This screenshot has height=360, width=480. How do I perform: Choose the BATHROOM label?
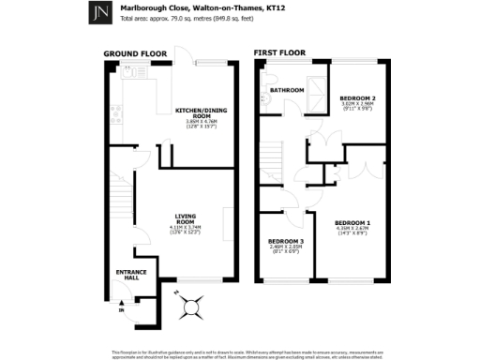pyautogui.click(x=286, y=91)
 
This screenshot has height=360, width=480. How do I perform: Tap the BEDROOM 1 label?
pyautogui.click(x=353, y=222)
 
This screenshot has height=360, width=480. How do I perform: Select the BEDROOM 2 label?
pyautogui.click(x=357, y=97)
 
